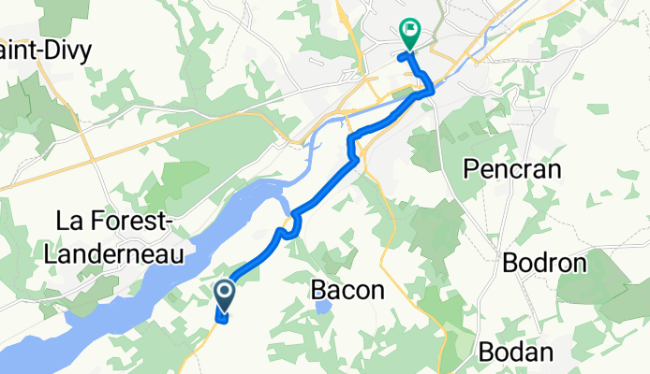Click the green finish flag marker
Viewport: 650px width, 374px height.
[x=410, y=32]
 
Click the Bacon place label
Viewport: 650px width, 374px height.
[x=347, y=291]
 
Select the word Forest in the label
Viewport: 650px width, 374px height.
[x=138, y=223]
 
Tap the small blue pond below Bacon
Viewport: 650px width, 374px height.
[x=323, y=307]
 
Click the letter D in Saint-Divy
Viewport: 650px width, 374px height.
[x=51, y=50]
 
